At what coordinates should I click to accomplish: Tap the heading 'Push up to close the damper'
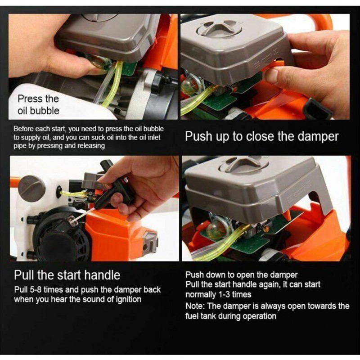pyautogui.click(x=261, y=136)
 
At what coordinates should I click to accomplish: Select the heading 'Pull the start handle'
pyautogui.click(x=67, y=274)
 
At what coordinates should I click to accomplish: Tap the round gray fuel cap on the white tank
pyautogui.click(x=32, y=189)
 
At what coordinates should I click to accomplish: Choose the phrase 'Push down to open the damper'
pyautogui.click(x=241, y=274)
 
